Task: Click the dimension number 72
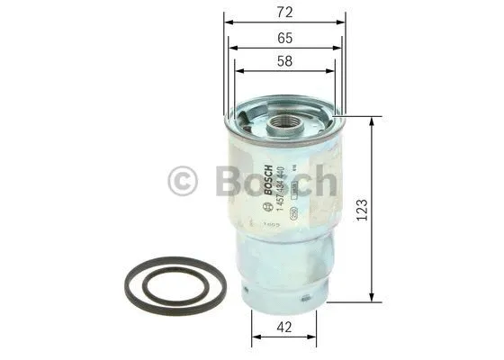(283, 13)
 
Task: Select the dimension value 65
(283, 40)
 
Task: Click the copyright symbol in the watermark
(183, 181)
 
